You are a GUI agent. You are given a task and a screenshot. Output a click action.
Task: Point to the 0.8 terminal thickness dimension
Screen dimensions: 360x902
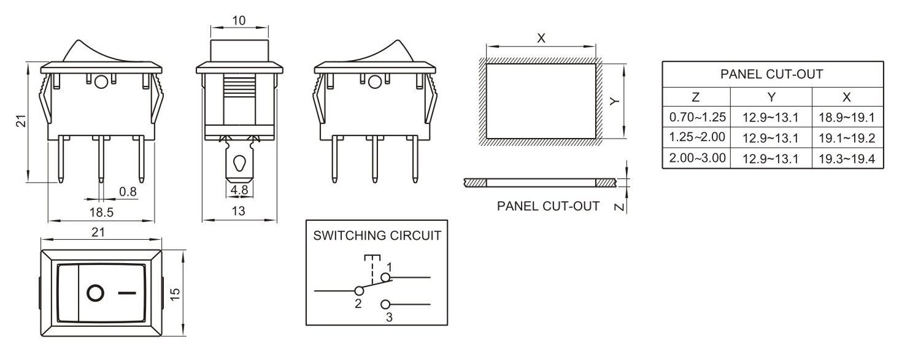[x=128, y=191]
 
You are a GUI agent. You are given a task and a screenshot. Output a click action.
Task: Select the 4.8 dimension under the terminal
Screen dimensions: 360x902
[x=239, y=191]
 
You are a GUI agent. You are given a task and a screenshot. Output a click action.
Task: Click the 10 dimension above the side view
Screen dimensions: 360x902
[x=239, y=20]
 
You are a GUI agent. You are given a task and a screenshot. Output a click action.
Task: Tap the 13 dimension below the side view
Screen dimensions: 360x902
[x=239, y=211]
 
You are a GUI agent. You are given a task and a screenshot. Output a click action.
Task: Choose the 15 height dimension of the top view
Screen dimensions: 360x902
[x=175, y=293]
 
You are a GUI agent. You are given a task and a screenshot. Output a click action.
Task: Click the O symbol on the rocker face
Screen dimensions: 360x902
[x=96, y=293]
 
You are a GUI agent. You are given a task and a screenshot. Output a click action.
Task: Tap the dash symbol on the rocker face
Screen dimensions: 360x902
[x=126, y=293]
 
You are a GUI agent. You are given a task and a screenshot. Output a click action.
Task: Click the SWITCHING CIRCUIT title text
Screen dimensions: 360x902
[x=377, y=236]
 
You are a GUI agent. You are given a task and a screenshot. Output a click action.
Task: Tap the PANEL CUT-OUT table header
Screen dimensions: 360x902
[x=772, y=75]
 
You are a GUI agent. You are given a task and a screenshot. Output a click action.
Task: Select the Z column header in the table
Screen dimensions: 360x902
[x=696, y=97]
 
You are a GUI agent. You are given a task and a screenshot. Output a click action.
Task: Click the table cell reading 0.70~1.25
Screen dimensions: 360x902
[x=697, y=116]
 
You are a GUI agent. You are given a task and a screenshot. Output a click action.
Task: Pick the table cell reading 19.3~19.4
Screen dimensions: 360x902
[x=847, y=158]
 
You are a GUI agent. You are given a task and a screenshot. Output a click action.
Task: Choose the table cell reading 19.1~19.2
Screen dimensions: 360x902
[x=847, y=137]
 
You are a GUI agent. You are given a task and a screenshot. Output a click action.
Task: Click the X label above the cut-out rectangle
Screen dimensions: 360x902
[x=541, y=38]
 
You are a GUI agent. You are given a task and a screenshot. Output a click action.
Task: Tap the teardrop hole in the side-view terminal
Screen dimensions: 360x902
[x=239, y=163]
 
